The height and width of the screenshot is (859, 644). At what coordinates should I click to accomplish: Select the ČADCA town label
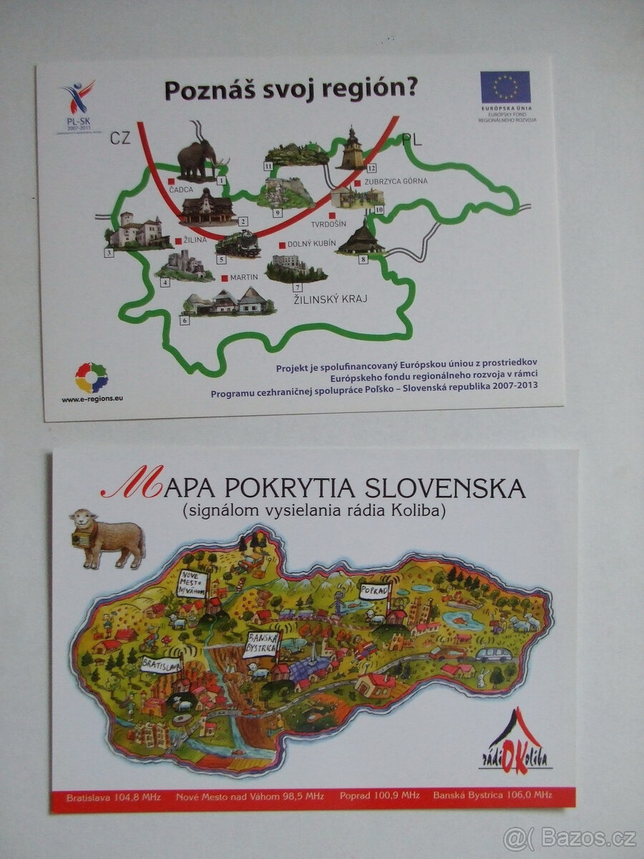[x=182, y=190]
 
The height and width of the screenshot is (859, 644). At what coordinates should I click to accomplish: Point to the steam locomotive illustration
[x=238, y=244]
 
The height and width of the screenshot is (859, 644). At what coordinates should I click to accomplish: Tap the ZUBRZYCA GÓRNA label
[x=395, y=181]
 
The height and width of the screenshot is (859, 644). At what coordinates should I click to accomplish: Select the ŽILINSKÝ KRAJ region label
[x=330, y=299]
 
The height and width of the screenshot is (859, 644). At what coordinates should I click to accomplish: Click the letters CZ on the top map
[x=120, y=137]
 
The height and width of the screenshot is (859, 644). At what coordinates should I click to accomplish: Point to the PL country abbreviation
[x=411, y=140]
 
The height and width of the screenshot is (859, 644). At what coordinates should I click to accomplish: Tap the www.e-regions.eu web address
[x=92, y=399]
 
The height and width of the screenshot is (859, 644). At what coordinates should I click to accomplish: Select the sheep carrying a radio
[x=107, y=537]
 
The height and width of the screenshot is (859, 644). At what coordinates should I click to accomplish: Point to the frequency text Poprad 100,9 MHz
[x=379, y=796]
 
